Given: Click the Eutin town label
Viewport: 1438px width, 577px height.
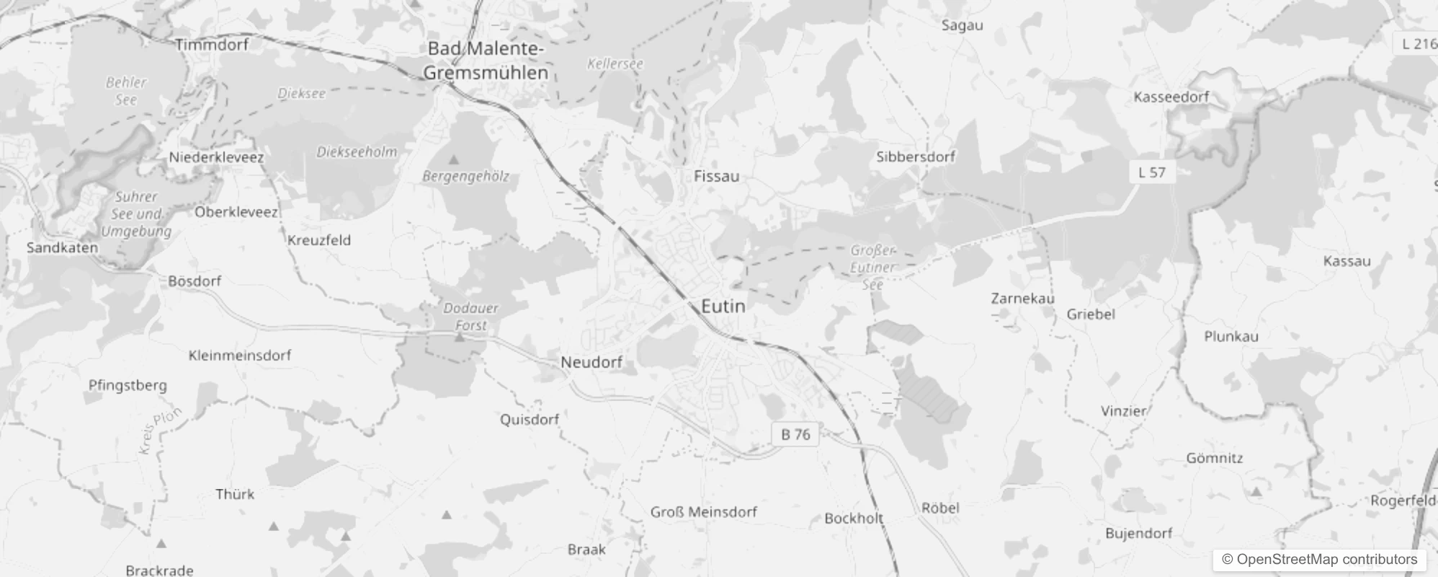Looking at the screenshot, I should coord(723,307).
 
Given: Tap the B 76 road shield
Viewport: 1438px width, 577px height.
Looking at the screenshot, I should coord(795,434).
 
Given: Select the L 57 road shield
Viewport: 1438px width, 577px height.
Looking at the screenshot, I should coord(1151,172).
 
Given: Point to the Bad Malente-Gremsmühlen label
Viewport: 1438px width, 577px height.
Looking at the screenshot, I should coord(486,61).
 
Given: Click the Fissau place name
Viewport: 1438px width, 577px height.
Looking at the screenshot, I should coord(716,176).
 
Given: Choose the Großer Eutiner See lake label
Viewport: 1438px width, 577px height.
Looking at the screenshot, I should coord(872,268).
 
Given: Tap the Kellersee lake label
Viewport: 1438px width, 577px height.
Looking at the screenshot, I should coord(615,63).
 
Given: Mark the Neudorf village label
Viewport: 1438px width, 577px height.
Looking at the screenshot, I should coord(591,362).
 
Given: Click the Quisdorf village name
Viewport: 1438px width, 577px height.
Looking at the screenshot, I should coord(530,419).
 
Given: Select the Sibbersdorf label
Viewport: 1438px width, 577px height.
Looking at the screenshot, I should coord(916,157).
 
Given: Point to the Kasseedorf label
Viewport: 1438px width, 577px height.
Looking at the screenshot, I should coord(1171,97).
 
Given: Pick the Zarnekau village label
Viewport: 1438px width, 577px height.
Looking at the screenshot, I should coord(1022,298).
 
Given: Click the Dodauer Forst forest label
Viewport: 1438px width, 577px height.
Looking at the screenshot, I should coord(470,317).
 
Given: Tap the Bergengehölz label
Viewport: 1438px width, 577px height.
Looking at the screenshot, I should coord(465,176).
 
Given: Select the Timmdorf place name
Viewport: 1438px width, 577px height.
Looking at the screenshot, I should coord(212,45).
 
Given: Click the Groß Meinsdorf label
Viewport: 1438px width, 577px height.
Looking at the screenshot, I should coord(703,512).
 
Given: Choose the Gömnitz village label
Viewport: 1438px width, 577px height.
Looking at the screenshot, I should coord(1215,458).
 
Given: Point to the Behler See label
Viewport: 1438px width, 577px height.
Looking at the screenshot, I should coord(126,91).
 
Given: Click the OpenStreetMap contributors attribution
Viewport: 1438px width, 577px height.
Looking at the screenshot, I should coord(1319,559).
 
